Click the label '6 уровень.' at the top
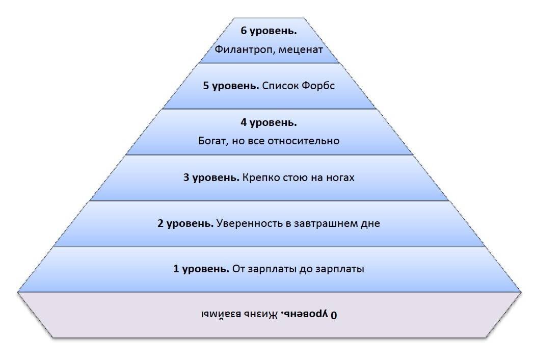coord(269,31)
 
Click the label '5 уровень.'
coord(231,86)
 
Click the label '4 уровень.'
coord(269,122)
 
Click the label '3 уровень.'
coord(211,178)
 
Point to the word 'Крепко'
coord(260,178)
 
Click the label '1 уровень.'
coord(201,269)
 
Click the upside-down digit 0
coord(334,315)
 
